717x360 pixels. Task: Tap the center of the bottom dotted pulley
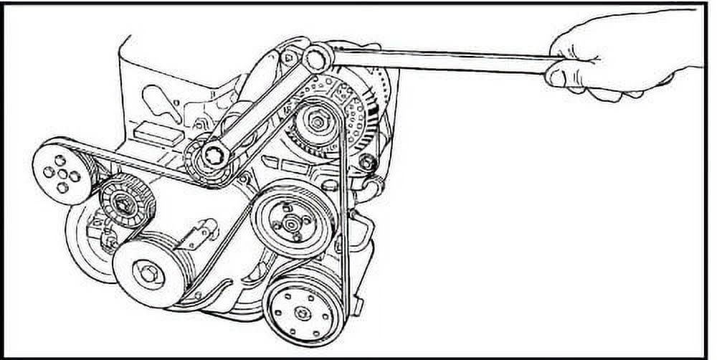point(304,312)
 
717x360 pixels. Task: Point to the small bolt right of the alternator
point(367,164)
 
